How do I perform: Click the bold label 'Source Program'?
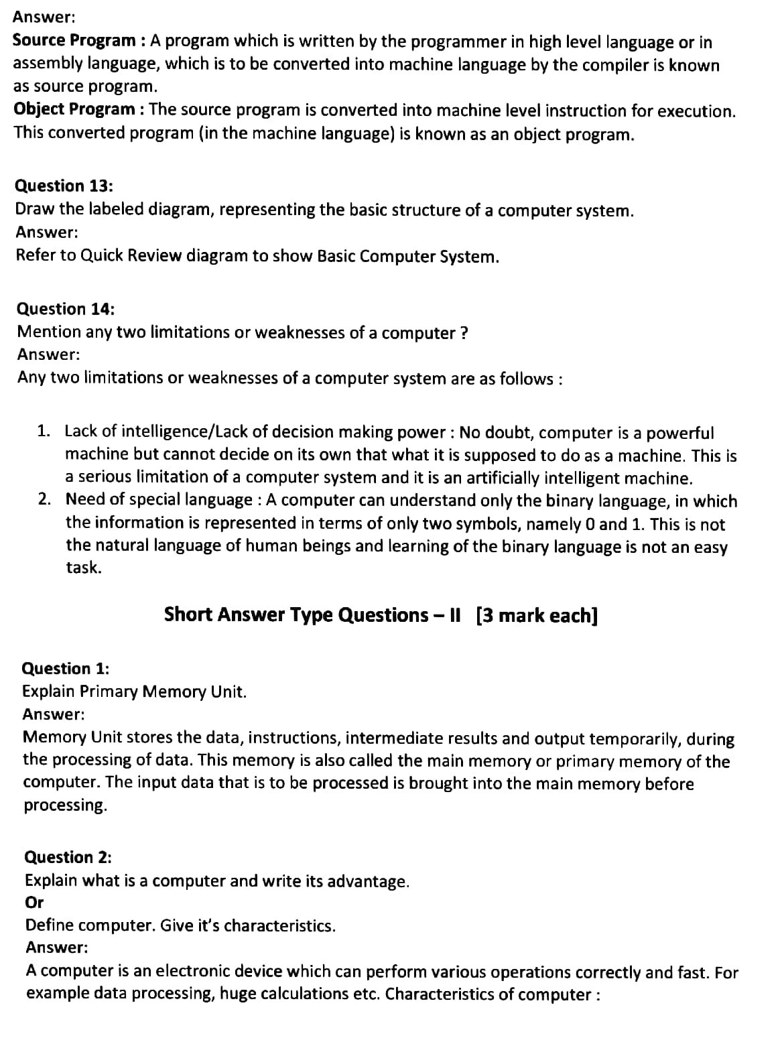point(74,41)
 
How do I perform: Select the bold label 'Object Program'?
point(74,109)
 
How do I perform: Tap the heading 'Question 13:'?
point(64,186)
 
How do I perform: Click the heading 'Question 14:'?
point(65,309)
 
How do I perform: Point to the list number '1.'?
point(44,431)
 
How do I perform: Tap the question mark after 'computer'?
point(464,333)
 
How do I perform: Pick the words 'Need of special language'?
point(158,500)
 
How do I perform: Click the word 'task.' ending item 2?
point(84,568)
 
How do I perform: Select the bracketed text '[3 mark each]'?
point(536,614)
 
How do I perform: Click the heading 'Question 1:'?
point(66,668)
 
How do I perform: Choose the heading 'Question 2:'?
point(68,857)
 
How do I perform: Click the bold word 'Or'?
point(34,903)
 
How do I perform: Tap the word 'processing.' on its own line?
point(65,805)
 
